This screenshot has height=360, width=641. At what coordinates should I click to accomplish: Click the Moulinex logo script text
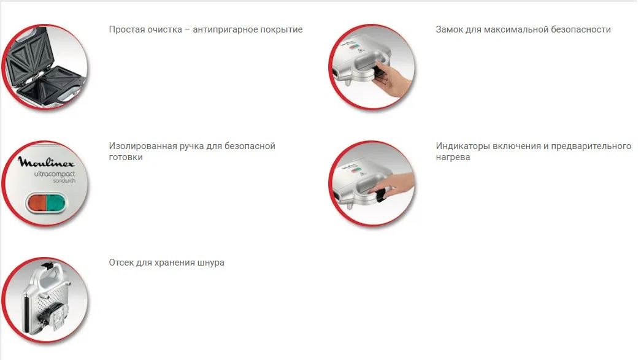coord(46,163)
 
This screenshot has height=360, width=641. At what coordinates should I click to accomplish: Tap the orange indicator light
coord(36,202)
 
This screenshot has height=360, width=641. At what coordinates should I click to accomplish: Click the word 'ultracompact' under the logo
coord(55,174)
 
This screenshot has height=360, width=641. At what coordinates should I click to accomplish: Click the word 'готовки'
coord(126,158)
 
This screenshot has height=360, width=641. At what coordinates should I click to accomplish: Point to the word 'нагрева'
coord(453,158)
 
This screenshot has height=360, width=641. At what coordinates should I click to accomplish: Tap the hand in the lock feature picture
coord(393,79)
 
